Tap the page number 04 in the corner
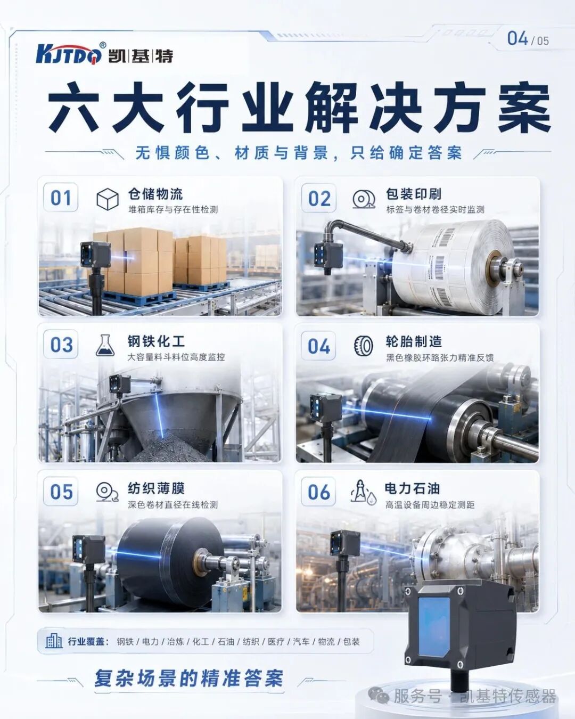517,39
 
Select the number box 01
61,197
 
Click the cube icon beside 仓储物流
107,199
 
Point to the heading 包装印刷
413,194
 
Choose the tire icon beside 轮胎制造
363,345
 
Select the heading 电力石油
412,488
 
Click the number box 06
319,492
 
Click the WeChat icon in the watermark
379,697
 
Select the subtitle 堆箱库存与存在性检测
173,209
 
